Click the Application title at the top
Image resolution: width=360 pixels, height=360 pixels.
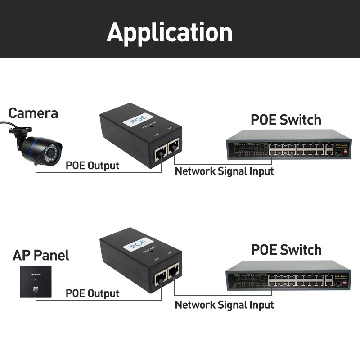click(170, 32)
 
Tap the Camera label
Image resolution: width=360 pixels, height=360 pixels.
click(33, 113)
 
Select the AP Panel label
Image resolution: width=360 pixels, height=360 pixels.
click(41, 256)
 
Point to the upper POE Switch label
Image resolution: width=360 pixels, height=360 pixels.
click(286, 120)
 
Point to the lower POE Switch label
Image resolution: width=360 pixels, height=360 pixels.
click(286, 249)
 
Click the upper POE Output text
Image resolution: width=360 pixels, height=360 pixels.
click(92, 165)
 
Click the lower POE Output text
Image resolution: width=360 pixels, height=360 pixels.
click(92, 293)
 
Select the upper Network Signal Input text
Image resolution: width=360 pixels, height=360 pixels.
click(224, 171)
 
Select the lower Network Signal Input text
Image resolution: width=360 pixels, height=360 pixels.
click(224, 305)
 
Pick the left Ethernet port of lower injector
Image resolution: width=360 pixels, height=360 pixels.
click(159, 280)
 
